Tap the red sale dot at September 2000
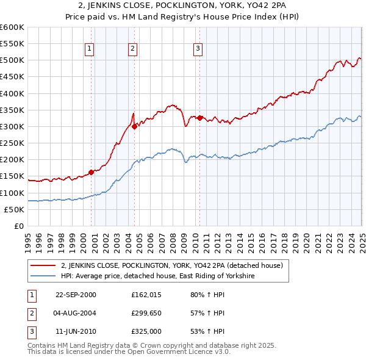point(91,172)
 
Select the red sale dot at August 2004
point(134,127)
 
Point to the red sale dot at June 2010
point(199,118)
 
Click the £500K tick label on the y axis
point(12,60)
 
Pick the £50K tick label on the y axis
point(15,209)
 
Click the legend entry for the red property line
point(171,265)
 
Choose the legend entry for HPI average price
point(157,276)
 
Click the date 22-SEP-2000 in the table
point(76,295)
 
